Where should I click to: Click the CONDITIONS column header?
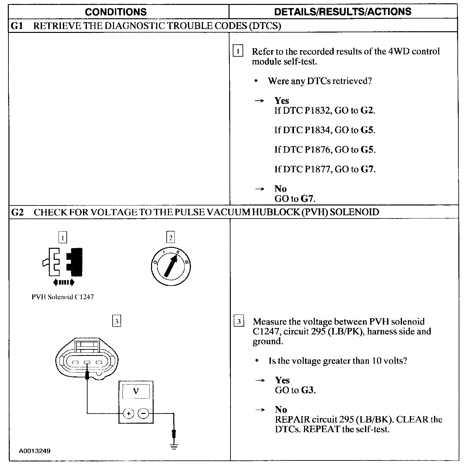116,12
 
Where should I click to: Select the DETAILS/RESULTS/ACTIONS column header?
343,12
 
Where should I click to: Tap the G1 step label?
17,26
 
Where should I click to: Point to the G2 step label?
17,212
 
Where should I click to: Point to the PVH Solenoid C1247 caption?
63,297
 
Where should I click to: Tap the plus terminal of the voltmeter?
129,414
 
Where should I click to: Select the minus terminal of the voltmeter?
143,414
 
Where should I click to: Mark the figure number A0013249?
35,451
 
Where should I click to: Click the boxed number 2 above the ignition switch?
171,237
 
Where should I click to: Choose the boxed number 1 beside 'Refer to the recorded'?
238,51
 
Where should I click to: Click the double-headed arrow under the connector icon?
64,282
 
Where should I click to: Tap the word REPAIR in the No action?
292,419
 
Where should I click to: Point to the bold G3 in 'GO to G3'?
308,390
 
